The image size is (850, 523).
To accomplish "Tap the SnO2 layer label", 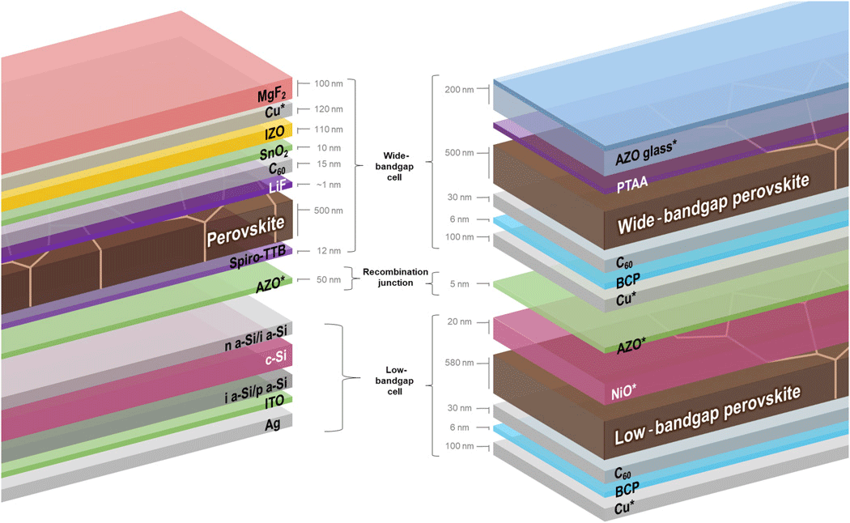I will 274,151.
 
